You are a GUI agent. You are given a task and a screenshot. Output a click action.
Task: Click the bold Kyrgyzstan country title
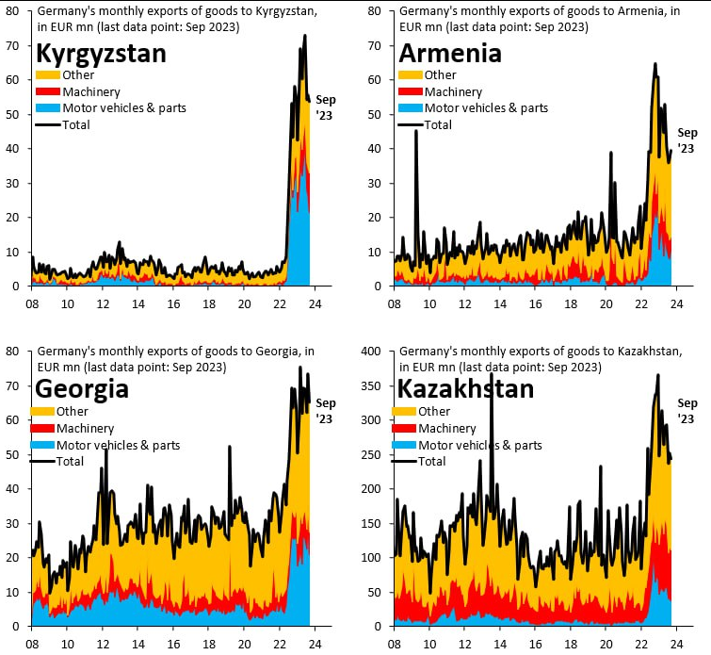(x=101, y=53)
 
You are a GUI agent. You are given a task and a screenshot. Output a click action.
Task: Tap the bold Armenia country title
(x=450, y=53)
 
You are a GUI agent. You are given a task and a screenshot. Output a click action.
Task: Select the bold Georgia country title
(x=82, y=388)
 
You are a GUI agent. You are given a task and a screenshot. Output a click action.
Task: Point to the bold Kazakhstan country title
(x=466, y=388)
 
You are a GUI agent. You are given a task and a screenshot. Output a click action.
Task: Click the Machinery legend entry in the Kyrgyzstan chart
(x=91, y=91)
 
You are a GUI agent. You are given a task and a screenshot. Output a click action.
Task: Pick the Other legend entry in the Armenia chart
(x=440, y=75)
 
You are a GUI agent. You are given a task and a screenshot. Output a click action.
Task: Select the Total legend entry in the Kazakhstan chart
(x=431, y=462)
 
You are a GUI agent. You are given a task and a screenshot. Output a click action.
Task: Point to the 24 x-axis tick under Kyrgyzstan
(x=315, y=304)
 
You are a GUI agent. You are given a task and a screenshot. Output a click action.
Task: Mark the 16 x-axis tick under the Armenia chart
(x=535, y=304)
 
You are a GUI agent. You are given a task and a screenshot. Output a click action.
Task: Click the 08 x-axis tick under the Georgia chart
(x=32, y=645)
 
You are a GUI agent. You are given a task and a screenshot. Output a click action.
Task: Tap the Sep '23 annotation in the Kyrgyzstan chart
(x=325, y=108)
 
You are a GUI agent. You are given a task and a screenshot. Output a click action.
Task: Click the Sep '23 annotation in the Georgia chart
(x=325, y=411)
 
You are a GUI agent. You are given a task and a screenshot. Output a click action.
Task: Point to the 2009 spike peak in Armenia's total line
(x=416, y=131)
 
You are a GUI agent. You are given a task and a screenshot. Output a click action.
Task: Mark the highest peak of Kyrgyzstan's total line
(x=304, y=36)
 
